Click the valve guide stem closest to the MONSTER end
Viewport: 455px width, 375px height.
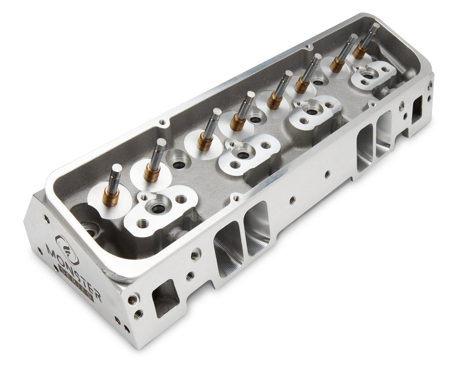click(x=114, y=182)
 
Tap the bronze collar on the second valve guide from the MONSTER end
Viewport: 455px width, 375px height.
click(x=152, y=173)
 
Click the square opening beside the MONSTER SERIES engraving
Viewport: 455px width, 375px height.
click(x=165, y=298)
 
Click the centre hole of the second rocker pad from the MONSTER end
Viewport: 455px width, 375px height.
click(x=243, y=155)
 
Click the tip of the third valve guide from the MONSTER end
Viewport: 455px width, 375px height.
click(x=217, y=112)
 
